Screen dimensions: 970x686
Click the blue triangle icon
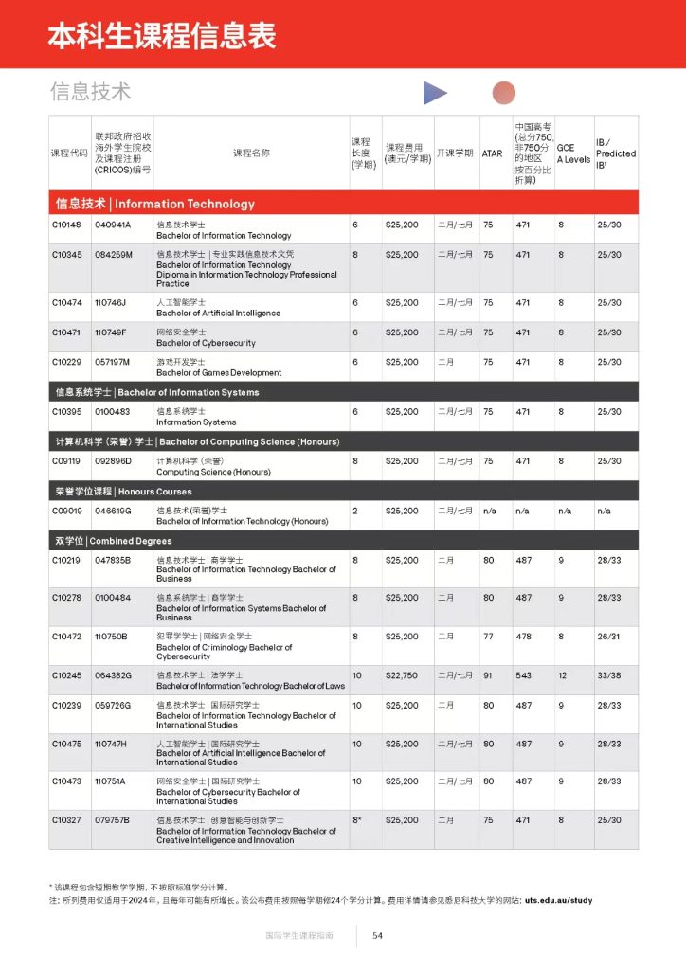pyautogui.click(x=434, y=93)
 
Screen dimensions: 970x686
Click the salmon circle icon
pyautogui.click(x=504, y=92)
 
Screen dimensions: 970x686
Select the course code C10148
pyautogui.click(x=67, y=225)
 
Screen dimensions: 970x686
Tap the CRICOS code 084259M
pyautogui.click(x=114, y=255)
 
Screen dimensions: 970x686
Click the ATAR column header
pyautogui.click(x=492, y=153)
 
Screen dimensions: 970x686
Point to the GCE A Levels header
pyautogui.click(x=572, y=153)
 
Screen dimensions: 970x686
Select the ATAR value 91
pyautogui.click(x=488, y=674)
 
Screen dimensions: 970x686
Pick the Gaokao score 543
pyautogui.click(x=524, y=674)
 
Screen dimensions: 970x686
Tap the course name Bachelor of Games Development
pyautogui.click(x=219, y=373)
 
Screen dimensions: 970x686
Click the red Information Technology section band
pyautogui.click(x=343, y=204)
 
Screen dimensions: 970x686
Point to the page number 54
pyautogui.click(x=377, y=935)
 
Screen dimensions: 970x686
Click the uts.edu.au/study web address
pyautogui.click(x=558, y=900)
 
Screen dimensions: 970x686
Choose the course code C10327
pyautogui.click(x=67, y=820)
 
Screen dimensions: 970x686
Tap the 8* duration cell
pyautogui.click(x=357, y=820)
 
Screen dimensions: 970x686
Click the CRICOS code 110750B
pyautogui.click(x=111, y=637)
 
